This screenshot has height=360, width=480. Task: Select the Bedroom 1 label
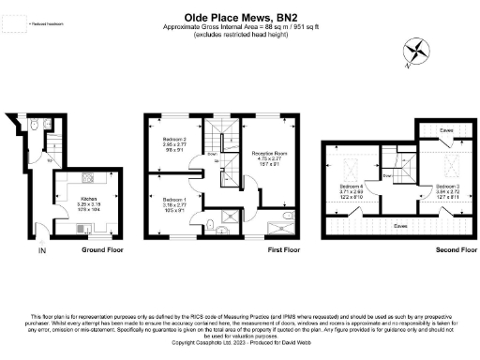pos(174,202)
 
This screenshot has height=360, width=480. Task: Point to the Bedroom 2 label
pos(174,144)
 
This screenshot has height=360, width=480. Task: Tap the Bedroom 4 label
pos(352,189)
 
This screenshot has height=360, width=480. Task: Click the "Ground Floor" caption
pos(97,251)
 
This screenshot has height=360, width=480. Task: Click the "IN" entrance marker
pos(40,251)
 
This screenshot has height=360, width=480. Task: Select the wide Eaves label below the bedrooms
pos(400,225)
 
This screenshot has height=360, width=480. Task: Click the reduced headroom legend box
pos(15,24)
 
